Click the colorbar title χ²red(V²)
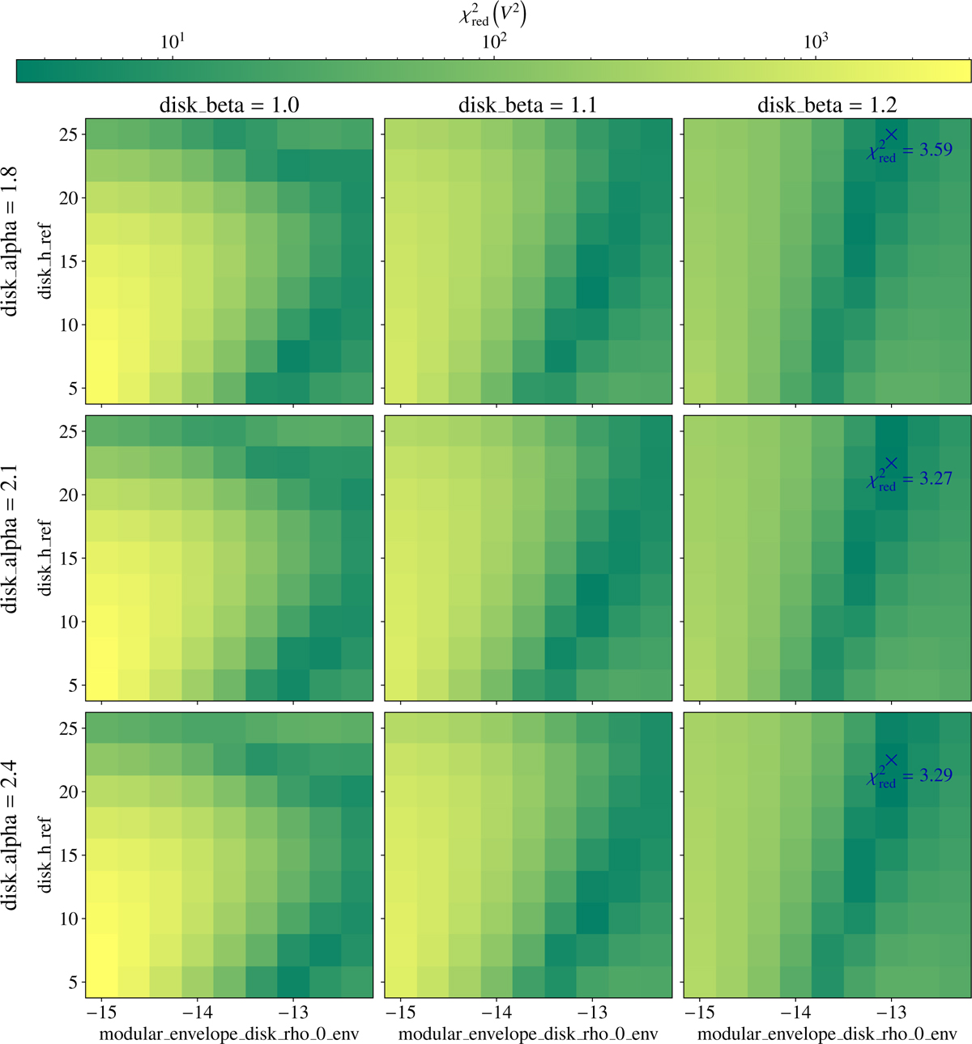pos(492,15)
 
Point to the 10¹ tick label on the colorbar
pos(172,41)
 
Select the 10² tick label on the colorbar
pos(494,41)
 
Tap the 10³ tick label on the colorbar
pos(815,41)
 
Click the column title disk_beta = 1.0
pos(229,105)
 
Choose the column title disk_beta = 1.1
pos(528,105)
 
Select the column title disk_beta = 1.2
pos(827,105)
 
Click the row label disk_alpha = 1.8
pos(10,241)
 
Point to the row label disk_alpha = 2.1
pos(10,539)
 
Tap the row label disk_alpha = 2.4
pos(10,835)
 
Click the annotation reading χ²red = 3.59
pos(910,151)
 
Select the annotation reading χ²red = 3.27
pos(910,479)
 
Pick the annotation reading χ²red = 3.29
pos(910,776)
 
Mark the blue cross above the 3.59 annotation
pos(892,134)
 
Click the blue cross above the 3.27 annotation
pos(892,463)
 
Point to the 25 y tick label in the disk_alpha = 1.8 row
pos(68,135)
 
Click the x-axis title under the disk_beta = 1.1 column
pos(528,1033)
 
